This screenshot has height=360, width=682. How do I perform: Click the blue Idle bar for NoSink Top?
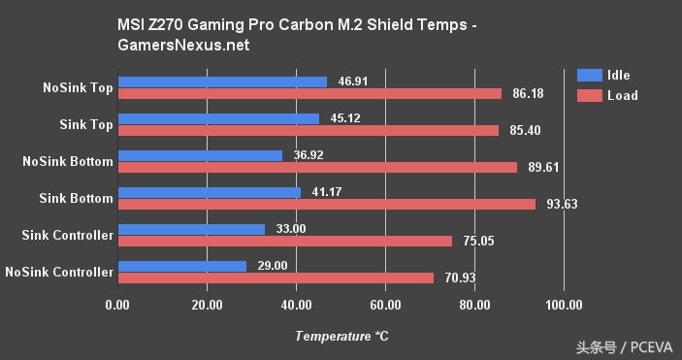coord(221,82)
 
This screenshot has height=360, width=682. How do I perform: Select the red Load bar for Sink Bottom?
coord(326,204)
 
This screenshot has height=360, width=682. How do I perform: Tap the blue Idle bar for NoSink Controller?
coord(181,265)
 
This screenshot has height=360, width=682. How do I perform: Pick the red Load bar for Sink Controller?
coord(284,241)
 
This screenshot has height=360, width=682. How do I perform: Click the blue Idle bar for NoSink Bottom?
coord(199,154)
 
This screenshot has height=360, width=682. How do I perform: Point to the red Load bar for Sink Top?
coord(308,130)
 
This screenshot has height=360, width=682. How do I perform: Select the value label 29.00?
coord(274,265)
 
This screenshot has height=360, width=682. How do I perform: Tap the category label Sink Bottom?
coord(77,198)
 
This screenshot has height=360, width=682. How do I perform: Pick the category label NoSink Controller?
coord(59,272)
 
